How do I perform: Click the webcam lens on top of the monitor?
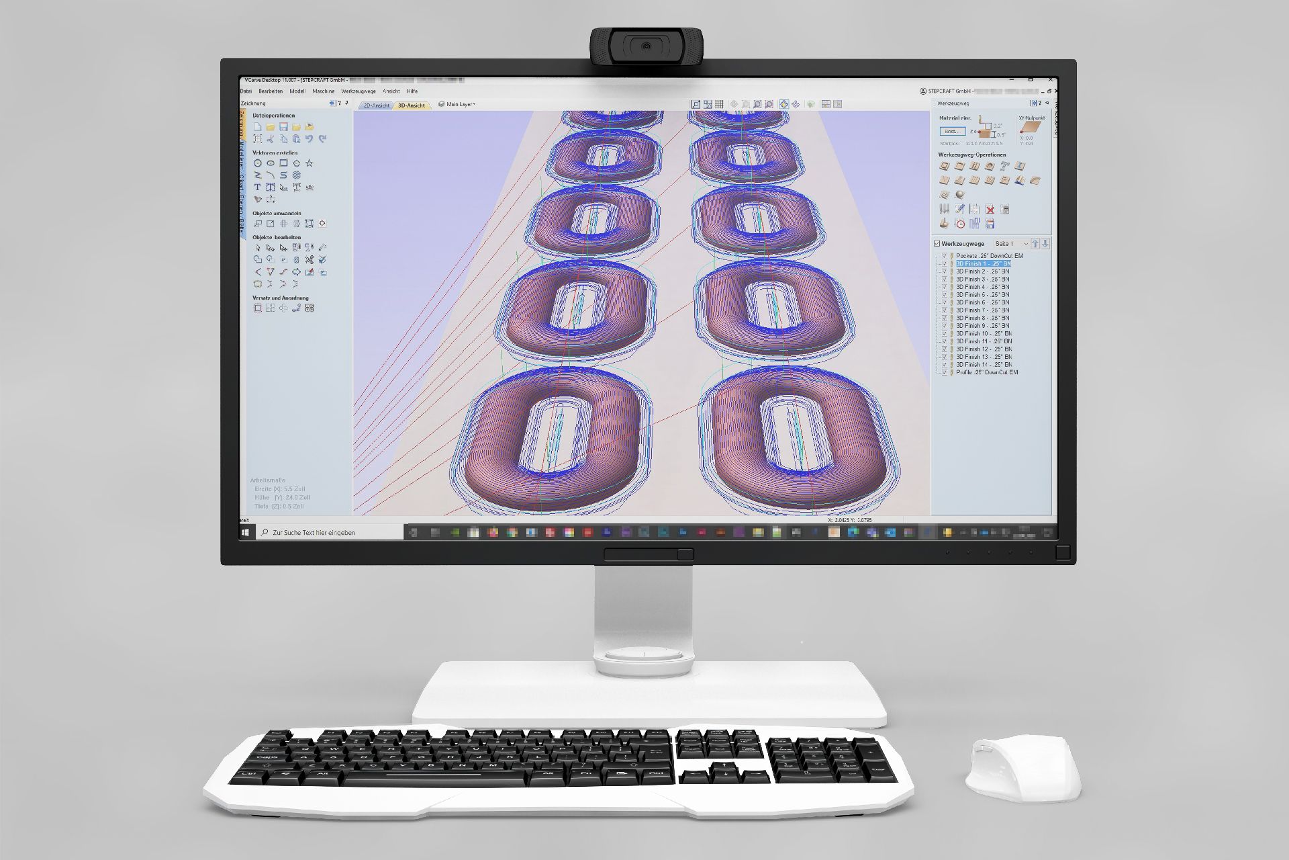point(646,46)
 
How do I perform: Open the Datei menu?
point(246,91)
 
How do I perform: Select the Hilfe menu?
point(412,91)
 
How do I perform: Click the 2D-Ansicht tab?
point(376,105)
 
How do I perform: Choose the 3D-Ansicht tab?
point(411,105)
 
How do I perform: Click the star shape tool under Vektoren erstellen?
point(309,163)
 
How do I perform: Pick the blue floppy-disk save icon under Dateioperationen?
point(283,127)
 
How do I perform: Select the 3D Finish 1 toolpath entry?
point(983,264)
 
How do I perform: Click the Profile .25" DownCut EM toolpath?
point(986,372)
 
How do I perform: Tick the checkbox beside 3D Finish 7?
point(945,310)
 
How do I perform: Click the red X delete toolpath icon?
point(990,210)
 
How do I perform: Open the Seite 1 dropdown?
point(1010,244)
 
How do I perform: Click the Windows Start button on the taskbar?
point(246,532)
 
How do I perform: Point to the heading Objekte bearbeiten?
point(277,238)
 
